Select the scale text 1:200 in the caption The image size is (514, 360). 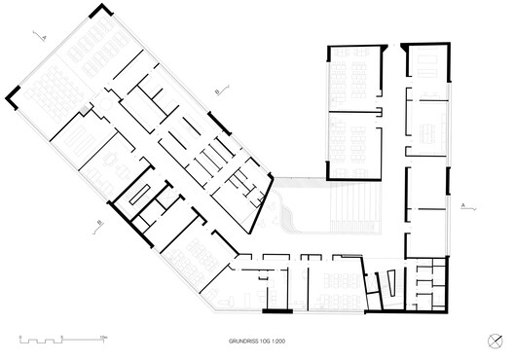coord(279,341)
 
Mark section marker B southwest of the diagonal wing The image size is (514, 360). coord(99,223)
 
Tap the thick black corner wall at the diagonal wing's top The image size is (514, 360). coord(100,12)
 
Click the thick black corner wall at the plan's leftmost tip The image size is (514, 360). coord(12,95)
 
